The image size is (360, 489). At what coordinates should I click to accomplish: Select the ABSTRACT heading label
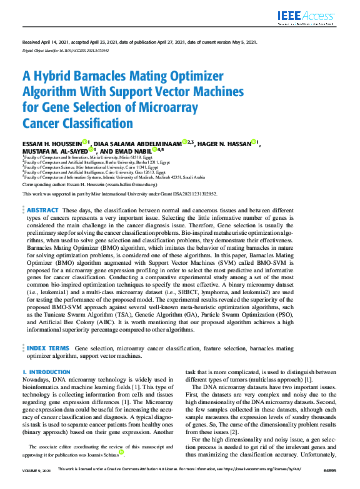point(42,194)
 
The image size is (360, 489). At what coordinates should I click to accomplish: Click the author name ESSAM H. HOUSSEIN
point(54,143)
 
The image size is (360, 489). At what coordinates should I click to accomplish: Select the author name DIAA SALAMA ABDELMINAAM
point(141,143)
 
